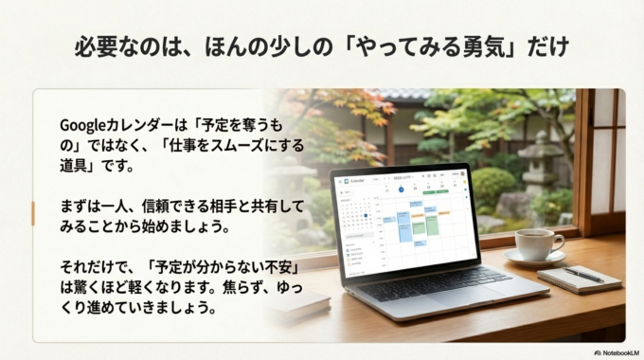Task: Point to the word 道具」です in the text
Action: [98, 166]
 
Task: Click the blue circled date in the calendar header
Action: [400, 189]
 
